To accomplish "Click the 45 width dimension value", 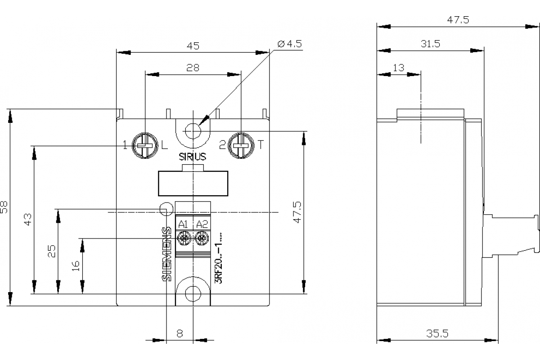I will point(193,45).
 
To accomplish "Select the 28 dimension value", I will point(193,67).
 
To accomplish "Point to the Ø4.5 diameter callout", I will point(290,44).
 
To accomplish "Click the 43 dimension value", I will point(28,220).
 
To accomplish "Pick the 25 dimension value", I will point(52,251).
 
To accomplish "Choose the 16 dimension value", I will point(76,265).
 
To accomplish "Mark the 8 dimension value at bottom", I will point(180,333).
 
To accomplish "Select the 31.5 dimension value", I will point(430,44).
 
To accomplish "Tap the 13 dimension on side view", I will point(399,68).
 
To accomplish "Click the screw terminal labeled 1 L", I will point(144,145).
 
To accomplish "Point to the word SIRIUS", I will point(193,157).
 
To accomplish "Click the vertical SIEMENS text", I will point(166,254).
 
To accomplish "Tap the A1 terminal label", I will point(183,224).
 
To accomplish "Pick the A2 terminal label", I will point(202,224).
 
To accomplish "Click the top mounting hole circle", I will point(193,131).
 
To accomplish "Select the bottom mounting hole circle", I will point(193,293).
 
